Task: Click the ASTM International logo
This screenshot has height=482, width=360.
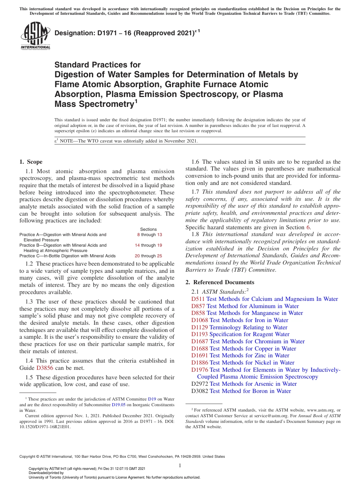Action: pos(35,36)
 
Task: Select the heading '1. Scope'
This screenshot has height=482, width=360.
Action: pos(31,162)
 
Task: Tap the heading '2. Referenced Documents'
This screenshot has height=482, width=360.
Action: pos(220,282)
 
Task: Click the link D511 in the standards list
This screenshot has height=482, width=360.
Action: pos(198,299)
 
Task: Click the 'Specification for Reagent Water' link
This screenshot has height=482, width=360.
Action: pos(249,334)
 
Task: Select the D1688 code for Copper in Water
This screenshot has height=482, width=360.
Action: pos(199,349)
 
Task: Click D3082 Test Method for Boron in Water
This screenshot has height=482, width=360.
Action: pos(241,391)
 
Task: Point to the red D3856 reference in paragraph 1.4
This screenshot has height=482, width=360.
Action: pos(44,368)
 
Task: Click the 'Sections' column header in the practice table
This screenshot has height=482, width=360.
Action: pos(148,229)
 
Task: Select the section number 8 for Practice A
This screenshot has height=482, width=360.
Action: pos(138,235)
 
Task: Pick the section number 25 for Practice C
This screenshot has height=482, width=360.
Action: pos(160,256)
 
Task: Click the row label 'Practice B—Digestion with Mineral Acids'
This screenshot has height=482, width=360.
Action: pos(63,245)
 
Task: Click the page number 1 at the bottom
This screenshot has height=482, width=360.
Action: pos(180,466)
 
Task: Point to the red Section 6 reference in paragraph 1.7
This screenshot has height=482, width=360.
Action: pos(308,227)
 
